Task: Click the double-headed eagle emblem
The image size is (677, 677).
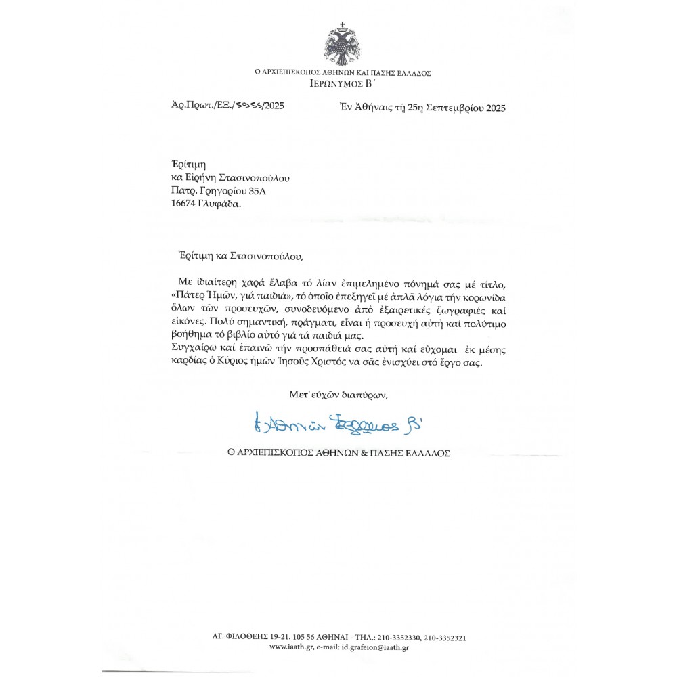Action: click(x=343, y=44)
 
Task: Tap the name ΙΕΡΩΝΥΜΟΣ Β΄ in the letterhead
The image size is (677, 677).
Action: click(x=343, y=85)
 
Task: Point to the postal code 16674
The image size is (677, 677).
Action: click(x=186, y=202)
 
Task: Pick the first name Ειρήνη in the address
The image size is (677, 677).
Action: click(x=204, y=178)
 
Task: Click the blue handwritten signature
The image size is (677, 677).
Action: click(x=341, y=424)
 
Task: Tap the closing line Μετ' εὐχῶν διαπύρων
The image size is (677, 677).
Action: click(x=338, y=393)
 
